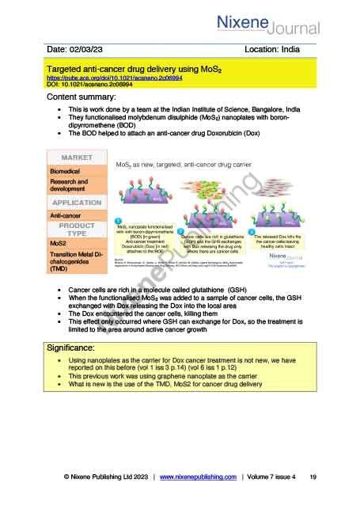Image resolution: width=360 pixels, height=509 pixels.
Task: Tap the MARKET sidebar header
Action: (x=77, y=158)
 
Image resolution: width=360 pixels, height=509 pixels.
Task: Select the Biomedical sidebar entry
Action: (x=65, y=171)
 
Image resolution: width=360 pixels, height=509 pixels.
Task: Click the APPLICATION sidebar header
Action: (x=77, y=202)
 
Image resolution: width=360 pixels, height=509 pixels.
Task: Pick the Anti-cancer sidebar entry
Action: (x=66, y=215)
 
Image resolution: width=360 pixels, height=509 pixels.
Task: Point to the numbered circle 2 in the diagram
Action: (x=181, y=230)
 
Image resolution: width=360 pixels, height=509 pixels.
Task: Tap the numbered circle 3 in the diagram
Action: (x=252, y=231)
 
